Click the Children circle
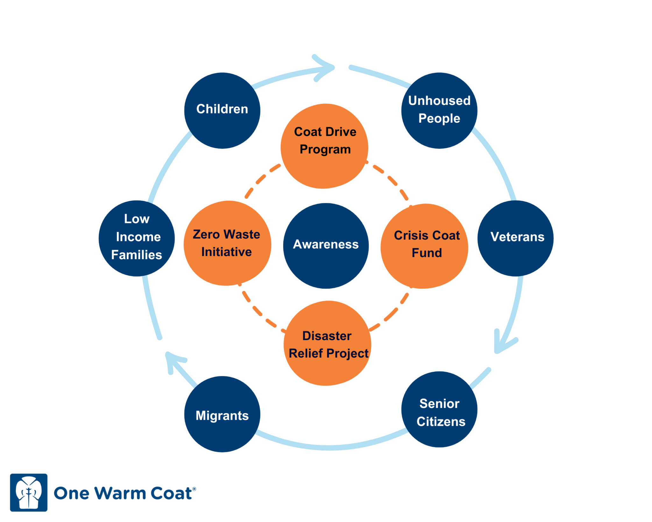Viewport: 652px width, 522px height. point(222,110)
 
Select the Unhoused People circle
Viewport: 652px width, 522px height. point(439,110)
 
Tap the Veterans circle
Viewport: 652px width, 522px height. point(515,238)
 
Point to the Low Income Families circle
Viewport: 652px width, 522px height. point(137,238)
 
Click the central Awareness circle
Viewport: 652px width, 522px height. point(326,245)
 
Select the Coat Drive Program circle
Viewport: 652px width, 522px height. point(324,146)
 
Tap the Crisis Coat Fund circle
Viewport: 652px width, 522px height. point(424,246)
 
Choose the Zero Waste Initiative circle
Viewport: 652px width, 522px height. point(227,243)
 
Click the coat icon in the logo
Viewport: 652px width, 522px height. point(29,492)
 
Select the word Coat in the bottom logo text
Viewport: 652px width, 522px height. point(171,493)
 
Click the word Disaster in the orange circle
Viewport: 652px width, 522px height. point(327,336)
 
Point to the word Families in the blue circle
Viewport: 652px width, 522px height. point(137,255)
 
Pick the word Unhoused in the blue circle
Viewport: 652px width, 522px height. point(439,101)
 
